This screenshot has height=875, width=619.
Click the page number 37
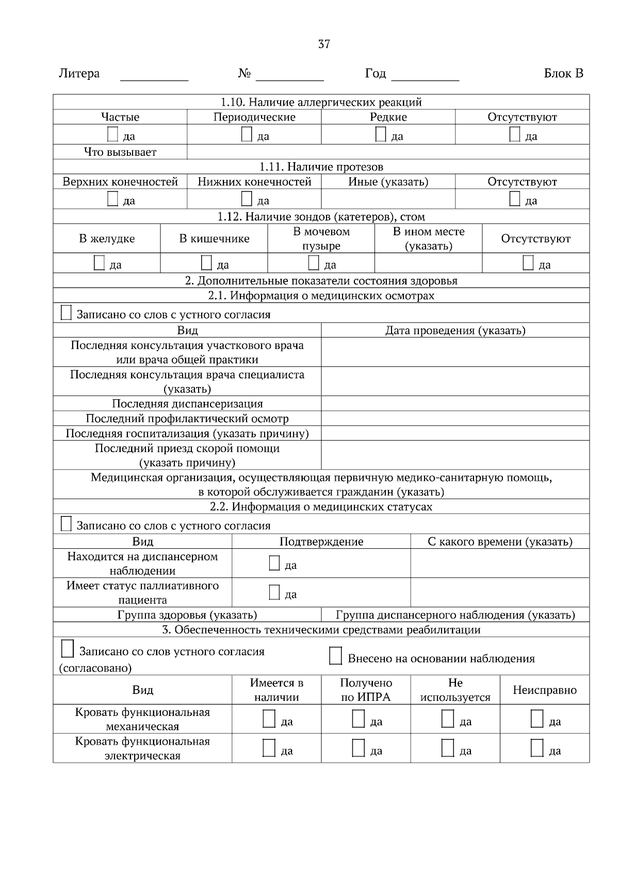[x=324, y=44]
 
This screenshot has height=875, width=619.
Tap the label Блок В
[x=563, y=74]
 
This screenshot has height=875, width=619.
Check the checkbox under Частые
[x=112, y=134]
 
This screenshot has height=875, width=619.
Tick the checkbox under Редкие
[x=381, y=134]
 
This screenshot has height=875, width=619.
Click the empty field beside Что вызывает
[x=388, y=152]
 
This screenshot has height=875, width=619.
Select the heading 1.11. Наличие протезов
[x=321, y=167]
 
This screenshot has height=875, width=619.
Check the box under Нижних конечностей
[x=247, y=199]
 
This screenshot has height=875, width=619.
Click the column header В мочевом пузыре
[x=321, y=239]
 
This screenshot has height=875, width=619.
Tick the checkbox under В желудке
[x=99, y=263]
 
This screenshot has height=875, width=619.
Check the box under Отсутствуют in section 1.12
[x=528, y=263]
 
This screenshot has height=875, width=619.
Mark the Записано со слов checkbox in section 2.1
[x=66, y=313]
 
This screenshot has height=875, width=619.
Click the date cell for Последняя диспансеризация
[x=455, y=403]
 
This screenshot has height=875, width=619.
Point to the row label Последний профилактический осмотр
[x=187, y=418]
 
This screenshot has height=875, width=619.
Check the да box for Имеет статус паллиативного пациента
[x=274, y=593]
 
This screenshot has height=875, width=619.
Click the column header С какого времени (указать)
[x=500, y=542]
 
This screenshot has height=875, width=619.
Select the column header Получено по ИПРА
[x=366, y=690]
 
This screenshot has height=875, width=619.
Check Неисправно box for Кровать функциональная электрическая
[x=537, y=748]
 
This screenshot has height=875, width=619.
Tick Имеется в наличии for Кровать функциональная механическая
[x=269, y=718]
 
